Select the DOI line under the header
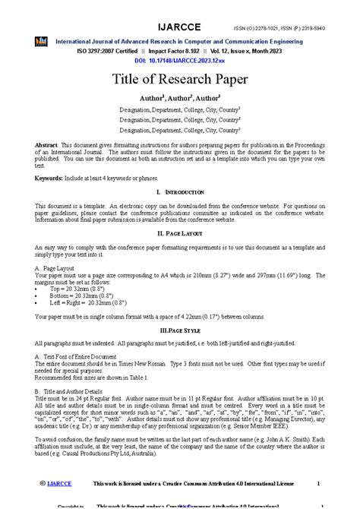click(x=179, y=58)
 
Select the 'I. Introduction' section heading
click(x=180, y=194)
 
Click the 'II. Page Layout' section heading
click(x=179, y=233)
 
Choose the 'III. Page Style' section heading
click(x=180, y=331)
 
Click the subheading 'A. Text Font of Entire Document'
click(x=75, y=356)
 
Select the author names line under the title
click(x=180, y=98)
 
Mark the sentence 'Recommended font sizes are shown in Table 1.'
click(x=84, y=377)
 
